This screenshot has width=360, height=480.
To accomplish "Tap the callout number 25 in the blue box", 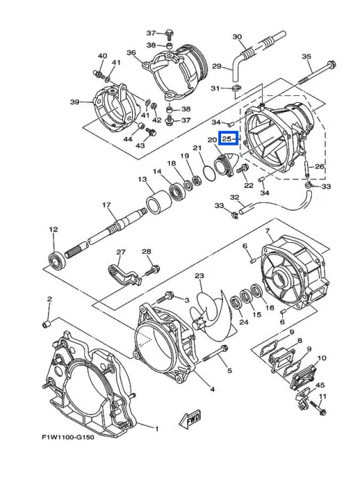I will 227,139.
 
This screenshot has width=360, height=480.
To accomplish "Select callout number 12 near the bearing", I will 53,229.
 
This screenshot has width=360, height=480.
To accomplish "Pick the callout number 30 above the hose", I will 236,37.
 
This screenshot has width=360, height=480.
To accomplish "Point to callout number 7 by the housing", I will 268,230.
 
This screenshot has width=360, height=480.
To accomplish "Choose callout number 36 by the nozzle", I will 131,53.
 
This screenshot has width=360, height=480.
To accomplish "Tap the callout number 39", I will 75,102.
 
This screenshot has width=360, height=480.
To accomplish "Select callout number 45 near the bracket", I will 320,385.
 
